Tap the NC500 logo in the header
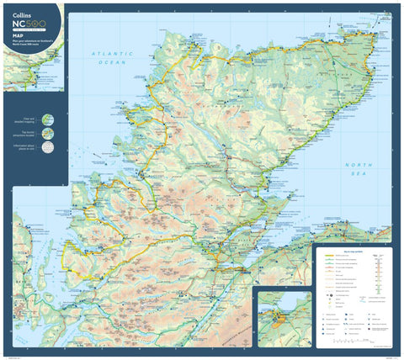point(25,25)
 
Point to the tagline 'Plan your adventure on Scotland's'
point(26,41)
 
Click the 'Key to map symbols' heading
point(352,251)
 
